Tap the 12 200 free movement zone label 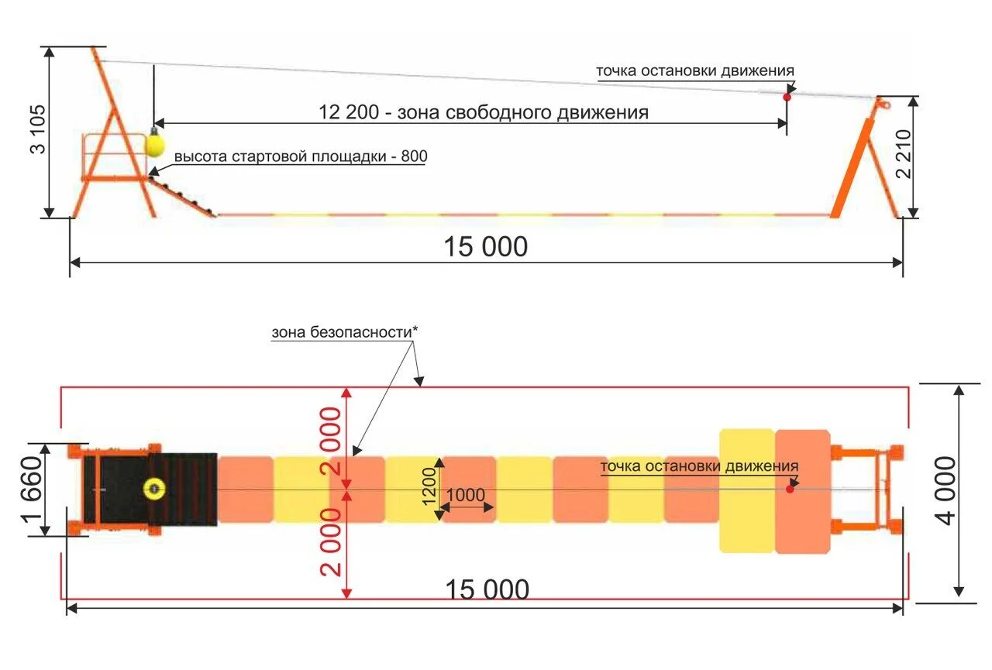(484, 112)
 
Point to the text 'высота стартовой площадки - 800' (301, 156)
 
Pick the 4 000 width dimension (946, 490)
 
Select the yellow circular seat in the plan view (153, 489)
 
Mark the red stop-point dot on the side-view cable (787, 97)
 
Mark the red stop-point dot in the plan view (790, 489)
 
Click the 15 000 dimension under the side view (485, 247)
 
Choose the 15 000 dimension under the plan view (487, 590)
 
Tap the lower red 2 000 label (331, 542)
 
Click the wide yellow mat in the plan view (747, 490)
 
